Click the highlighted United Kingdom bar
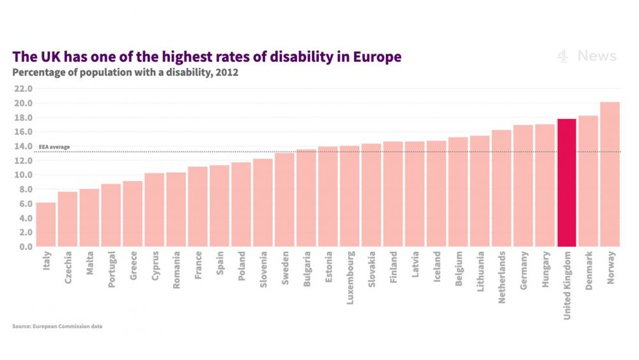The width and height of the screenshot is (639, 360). click(x=567, y=183)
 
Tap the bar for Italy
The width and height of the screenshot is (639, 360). click(x=46, y=224)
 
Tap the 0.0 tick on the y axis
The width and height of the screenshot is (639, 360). click(x=26, y=247)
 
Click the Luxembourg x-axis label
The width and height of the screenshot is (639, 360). click(x=350, y=278)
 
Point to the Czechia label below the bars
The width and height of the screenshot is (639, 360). click(x=68, y=270)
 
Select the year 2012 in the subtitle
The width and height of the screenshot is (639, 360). click(x=227, y=72)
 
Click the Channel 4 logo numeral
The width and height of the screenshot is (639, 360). click(x=563, y=56)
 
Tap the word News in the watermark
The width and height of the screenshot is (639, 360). click(x=597, y=56)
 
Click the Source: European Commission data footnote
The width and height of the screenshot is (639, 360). click(x=58, y=326)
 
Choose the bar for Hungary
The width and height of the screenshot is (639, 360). click(x=545, y=185)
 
